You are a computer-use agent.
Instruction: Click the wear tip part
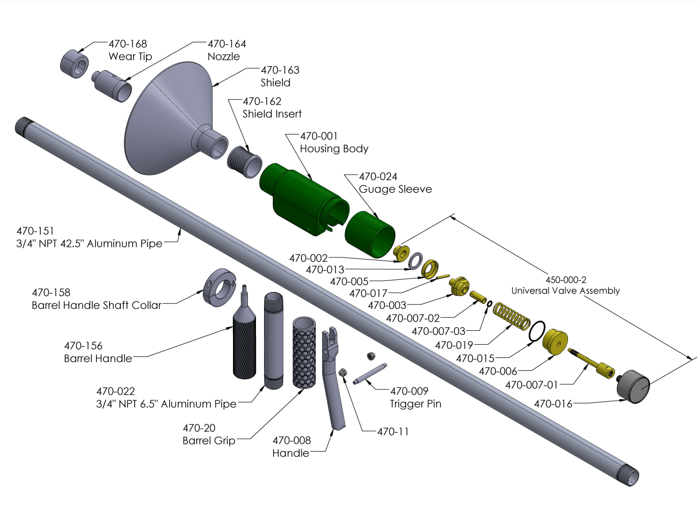click(x=74, y=64)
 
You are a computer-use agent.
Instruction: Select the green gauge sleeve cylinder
click(x=370, y=234)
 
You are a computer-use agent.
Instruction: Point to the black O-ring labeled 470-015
click(x=537, y=331)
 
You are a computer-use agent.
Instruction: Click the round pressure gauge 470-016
click(x=633, y=386)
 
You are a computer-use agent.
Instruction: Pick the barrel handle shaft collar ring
click(x=219, y=288)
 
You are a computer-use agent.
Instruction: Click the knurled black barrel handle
click(x=244, y=332)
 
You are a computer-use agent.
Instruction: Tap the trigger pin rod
click(x=370, y=374)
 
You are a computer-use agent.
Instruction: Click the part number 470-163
click(x=280, y=70)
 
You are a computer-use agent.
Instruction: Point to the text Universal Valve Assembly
click(x=565, y=291)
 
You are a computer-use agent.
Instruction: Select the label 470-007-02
click(x=413, y=318)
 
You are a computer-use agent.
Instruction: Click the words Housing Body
click(x=334, y=148)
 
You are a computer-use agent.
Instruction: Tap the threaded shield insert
click(x=245, y=162)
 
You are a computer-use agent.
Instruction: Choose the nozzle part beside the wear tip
click(x=112, y=86)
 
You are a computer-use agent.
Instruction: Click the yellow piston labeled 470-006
click(x=555, y=342)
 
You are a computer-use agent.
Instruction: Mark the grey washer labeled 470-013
click(x=416, y=261)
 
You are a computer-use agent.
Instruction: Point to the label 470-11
click(x=393, y=431)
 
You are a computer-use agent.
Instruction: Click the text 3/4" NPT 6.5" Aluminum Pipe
click(x=166, y=404)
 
